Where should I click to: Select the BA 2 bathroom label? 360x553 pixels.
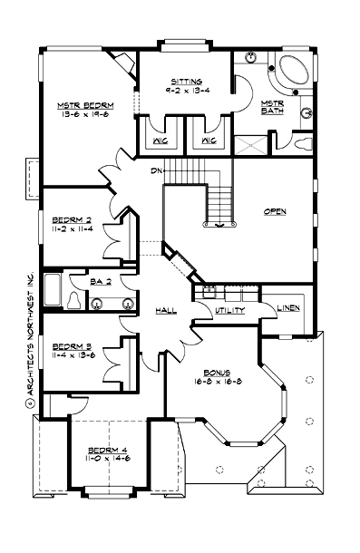click(x=101, y=281)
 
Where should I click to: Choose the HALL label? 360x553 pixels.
click(x=165, y=310)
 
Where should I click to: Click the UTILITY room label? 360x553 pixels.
click(x=227, y=310)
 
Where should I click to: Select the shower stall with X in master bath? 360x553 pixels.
click(x=249, y=145)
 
